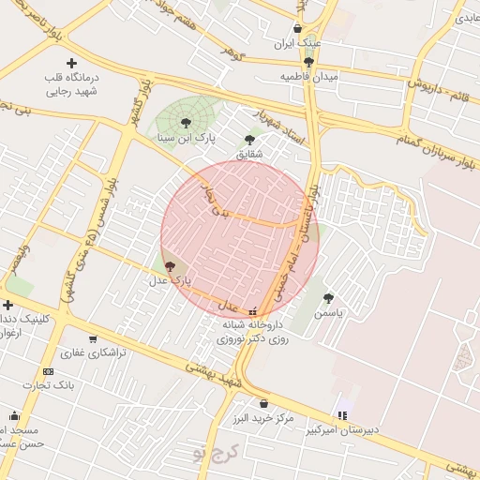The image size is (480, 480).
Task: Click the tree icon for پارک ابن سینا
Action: click(186, 123)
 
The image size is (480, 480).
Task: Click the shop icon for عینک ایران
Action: click(298, 28)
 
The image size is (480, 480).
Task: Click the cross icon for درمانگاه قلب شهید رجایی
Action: click(71, 63)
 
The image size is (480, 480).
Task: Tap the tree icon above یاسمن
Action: click(330, 297)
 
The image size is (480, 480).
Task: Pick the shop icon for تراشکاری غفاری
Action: click(92, 339)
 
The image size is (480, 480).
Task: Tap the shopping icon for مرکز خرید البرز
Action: click(263, 403)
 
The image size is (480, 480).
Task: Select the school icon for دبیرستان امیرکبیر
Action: click(342, 415)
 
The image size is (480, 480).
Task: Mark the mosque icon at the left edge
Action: click(14, 415)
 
